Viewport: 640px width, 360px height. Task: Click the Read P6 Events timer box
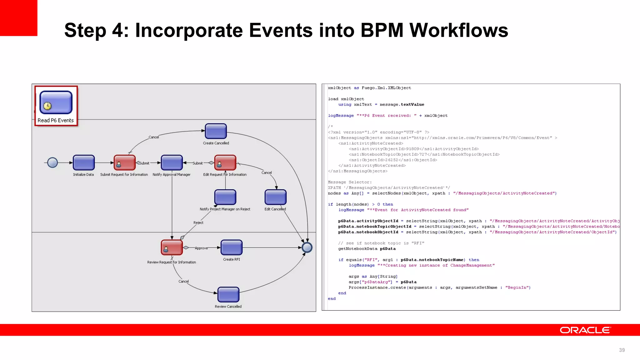tap(56, 102)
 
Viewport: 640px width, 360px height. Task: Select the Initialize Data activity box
tap(83, 163)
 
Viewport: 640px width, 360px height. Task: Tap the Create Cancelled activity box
tap(216, 131)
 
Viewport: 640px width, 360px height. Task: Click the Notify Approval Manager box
tap(172, 163)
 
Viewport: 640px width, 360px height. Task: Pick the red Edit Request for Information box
tap(225, 163)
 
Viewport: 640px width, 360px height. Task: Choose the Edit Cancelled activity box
tap(275, 197)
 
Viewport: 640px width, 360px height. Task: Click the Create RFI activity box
tap(231, 247)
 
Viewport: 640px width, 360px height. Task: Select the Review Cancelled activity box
tap(228, 295)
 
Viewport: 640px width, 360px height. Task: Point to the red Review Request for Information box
tap(172, 247)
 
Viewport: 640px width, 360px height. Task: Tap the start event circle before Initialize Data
tap(52, 162)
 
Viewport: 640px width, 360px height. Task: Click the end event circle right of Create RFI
tap(307, 247)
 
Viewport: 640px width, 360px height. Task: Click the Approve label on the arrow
tap(201, 248)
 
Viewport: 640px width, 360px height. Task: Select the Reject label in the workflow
tap(198, 222)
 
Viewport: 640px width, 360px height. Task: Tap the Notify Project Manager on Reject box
tap(225, 197)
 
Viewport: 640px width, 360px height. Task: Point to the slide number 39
tap(622, 350)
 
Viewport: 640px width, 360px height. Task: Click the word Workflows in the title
tap(459, 30)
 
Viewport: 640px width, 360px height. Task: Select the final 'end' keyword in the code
tap(332, 299)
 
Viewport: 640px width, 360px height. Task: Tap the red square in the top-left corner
tap(18, 18)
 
